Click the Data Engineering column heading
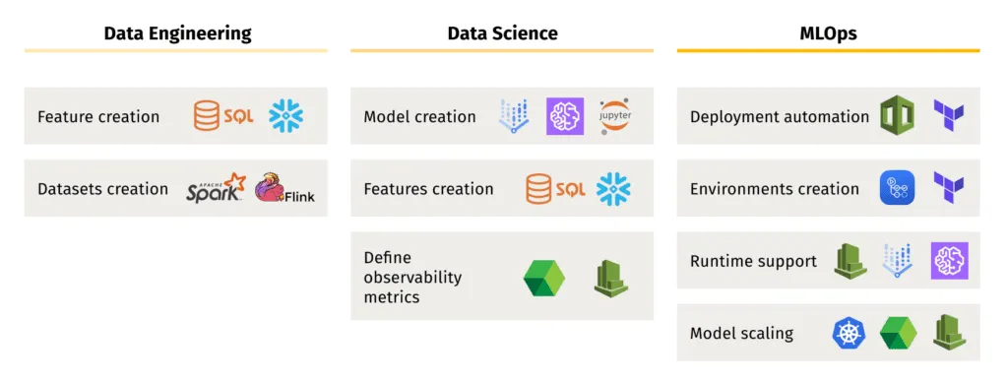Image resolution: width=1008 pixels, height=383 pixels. click(177, 33)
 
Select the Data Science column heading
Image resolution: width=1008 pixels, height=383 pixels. click(502, 33)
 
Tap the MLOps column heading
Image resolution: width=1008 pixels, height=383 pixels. click(828, 33)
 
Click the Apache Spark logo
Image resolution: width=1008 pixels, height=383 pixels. click(216, 188)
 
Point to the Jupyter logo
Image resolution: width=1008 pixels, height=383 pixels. click(616, 116)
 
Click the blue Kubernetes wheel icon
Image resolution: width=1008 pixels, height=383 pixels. click(848, 333)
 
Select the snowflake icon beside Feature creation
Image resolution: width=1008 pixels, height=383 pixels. click(286, 116)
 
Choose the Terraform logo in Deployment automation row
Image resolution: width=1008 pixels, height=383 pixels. click(948, 116)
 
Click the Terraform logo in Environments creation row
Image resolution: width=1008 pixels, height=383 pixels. click(948, 188)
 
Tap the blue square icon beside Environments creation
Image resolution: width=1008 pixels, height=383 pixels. click(897, 188)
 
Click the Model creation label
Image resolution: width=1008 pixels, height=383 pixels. click(419, 117)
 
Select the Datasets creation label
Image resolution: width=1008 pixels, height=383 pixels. click(102, 189)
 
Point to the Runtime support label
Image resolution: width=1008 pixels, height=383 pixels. click(753, 261)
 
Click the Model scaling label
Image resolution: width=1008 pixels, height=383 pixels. click(741, 333)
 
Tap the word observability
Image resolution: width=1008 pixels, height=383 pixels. click(412, 277)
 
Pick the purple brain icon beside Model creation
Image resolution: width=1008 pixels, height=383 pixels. click(565, 116)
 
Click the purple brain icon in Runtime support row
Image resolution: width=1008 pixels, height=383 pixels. click(950, 261)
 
